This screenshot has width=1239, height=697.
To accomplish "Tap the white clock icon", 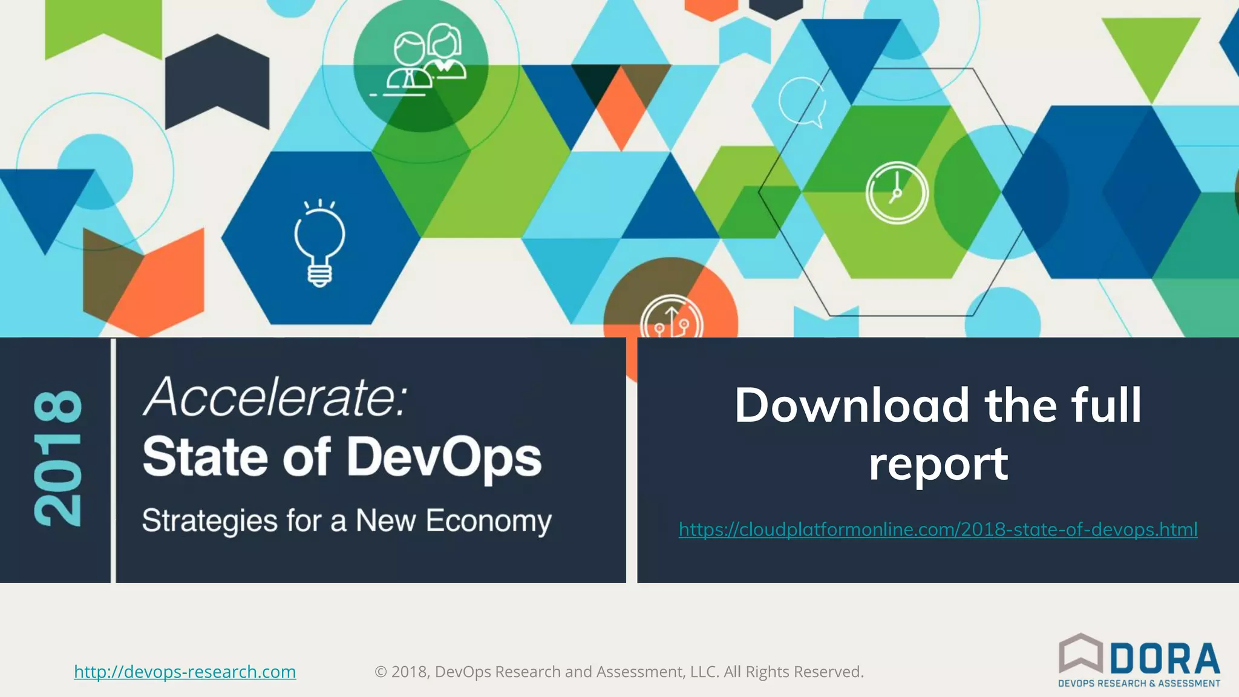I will tap(897, 193).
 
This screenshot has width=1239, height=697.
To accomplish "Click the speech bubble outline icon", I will tap(802, 102).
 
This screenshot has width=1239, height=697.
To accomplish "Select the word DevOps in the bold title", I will tap(444, 457).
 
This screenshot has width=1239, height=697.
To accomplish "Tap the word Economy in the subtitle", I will tap(488, 521).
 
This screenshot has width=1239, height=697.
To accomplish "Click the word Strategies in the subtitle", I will tap(209, 521).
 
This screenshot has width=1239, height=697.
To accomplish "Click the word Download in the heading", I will tap(852, 405).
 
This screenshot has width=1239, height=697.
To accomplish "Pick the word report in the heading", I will tap(938, 463).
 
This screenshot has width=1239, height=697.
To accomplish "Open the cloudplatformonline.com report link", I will tap(938, 529).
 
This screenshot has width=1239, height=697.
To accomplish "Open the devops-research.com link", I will tap(185, 672).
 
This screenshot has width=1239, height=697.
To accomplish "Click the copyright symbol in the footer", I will tap(381, 672).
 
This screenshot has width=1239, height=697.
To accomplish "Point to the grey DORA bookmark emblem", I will tap(1081, 653).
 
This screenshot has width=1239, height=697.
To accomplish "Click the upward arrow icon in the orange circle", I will tap(672, 319).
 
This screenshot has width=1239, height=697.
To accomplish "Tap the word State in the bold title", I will tap(205, 457).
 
